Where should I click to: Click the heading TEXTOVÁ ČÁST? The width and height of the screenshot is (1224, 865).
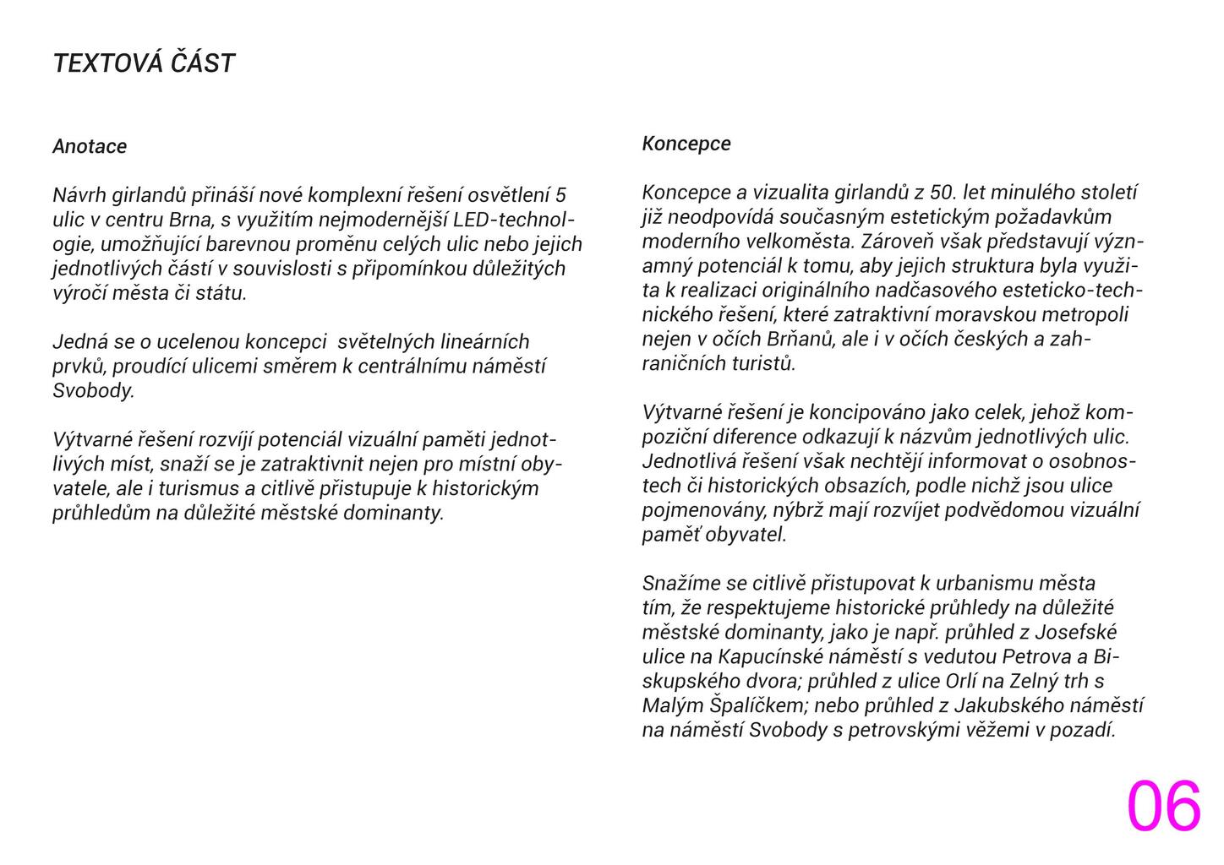[144, 63]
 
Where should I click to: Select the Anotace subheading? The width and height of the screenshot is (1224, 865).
[90, 146]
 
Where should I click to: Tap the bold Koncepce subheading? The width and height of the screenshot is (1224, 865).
[686, 144]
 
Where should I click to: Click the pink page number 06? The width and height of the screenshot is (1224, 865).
[1163, 807]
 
